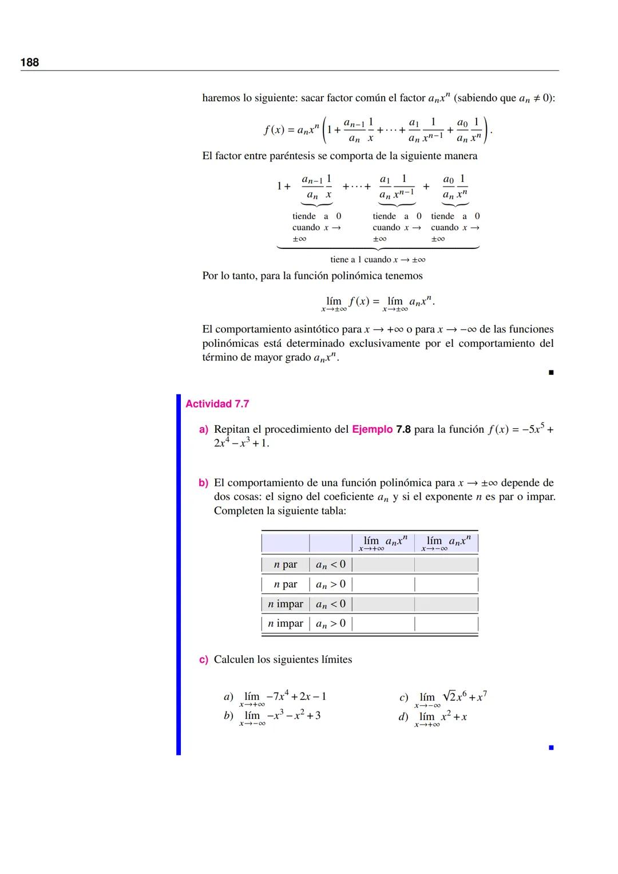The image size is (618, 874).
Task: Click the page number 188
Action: click(30, 62)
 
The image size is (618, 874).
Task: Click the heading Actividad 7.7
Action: click(217, 404)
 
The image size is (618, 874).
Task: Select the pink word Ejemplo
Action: click(372, 429)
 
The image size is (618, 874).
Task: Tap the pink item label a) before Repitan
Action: click(203, 429)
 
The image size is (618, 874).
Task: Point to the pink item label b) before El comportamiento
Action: click(203, 483)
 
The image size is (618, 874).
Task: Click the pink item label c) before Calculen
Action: click(203, 660)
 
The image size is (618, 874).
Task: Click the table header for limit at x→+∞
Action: click(383, 543)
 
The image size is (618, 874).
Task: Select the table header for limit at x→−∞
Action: click(446, 543)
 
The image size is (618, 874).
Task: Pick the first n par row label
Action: click(286, 565)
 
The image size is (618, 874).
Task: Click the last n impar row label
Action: click(286, 623)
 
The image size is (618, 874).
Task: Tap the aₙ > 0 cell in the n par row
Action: click(331, 584)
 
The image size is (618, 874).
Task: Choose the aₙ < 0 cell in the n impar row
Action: click(331, 604)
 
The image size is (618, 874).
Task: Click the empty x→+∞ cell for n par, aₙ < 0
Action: click(383, 565)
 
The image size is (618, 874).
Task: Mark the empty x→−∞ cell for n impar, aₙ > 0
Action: click(446, 623)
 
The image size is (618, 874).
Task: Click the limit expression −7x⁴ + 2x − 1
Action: click(283, 698)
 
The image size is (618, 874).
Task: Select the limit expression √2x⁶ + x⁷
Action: click(452, 698)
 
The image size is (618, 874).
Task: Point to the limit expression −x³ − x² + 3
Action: click(280, 717)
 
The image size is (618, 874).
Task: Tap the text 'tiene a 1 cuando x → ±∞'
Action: click(378, 260)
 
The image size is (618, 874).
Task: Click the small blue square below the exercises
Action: click(551, 748)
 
